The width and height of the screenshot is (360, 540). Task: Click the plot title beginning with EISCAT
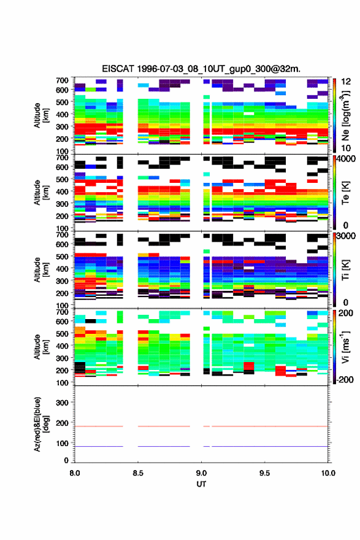pos(201,69)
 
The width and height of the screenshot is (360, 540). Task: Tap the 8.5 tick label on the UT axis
pos(138,473)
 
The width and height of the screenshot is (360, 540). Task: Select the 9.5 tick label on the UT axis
pos(265,473)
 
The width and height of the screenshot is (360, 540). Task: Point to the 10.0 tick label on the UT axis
pos(328,473)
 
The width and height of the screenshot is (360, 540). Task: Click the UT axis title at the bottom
pos(201,484)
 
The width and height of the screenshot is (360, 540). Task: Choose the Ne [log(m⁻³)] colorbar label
pos(345,115)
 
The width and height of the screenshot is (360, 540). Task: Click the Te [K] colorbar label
pos(345,193)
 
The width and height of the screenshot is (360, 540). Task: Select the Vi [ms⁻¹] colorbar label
pos(345,347)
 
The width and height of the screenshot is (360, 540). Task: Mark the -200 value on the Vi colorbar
pos(343,379)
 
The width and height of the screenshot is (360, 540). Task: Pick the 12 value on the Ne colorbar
pos(346,82)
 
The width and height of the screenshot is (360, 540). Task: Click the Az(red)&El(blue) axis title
pos(40,424)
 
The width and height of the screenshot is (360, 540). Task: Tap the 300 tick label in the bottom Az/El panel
pos(63,403)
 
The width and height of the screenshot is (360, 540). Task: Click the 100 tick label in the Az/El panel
pos(63,443)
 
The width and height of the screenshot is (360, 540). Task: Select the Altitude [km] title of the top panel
pos(40,115)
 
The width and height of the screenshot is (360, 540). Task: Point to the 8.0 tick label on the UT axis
pos(75,473)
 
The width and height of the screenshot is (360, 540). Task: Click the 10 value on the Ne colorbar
pos(346,148)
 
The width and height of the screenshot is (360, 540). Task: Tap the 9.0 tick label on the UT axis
pos(201,473)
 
